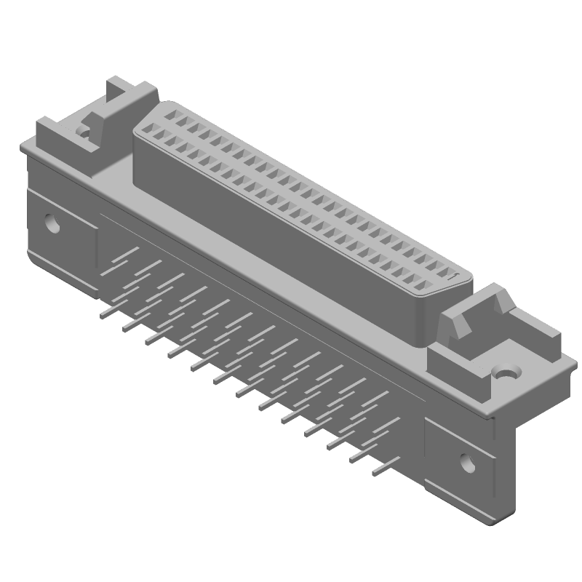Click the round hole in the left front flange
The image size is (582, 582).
[x=52, y=222]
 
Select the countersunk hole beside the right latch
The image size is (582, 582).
[x=506, y=372]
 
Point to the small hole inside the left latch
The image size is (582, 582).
[x=84, y=133]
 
